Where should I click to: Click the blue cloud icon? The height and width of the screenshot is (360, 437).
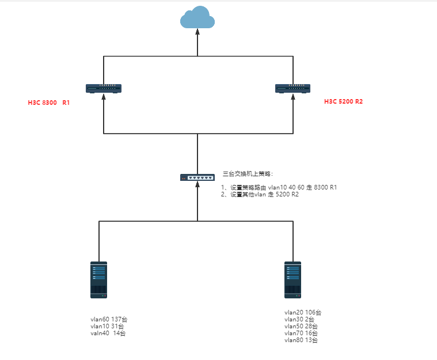point(197,18)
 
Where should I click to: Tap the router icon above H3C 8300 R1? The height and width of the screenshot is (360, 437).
point(104,88)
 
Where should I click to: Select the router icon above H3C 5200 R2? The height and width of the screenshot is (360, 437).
point(293,88)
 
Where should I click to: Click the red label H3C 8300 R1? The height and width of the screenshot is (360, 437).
point(49,103)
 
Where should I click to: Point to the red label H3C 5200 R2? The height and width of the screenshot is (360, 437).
point(343,101)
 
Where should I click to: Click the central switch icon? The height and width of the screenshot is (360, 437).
point(197,177)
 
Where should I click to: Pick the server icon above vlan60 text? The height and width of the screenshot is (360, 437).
point(99,279)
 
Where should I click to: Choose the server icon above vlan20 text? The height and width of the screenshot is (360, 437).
point(293,279)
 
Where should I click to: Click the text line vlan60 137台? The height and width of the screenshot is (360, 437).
point(109,319)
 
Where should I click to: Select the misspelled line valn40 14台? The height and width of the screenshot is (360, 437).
point(108,333)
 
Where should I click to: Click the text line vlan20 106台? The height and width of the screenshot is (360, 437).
point(303,312)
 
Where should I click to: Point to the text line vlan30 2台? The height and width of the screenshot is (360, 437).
point(299,319)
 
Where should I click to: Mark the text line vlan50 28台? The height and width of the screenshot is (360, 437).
point(301,326)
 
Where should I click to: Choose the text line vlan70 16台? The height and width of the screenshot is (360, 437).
point(301,333)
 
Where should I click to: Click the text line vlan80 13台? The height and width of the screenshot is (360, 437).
point(301,340)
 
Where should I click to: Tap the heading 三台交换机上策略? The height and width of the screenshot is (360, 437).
point(248,173)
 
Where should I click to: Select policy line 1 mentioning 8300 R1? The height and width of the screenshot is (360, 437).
point(279,187)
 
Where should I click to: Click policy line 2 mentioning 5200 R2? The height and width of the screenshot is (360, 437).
point(260,194)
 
